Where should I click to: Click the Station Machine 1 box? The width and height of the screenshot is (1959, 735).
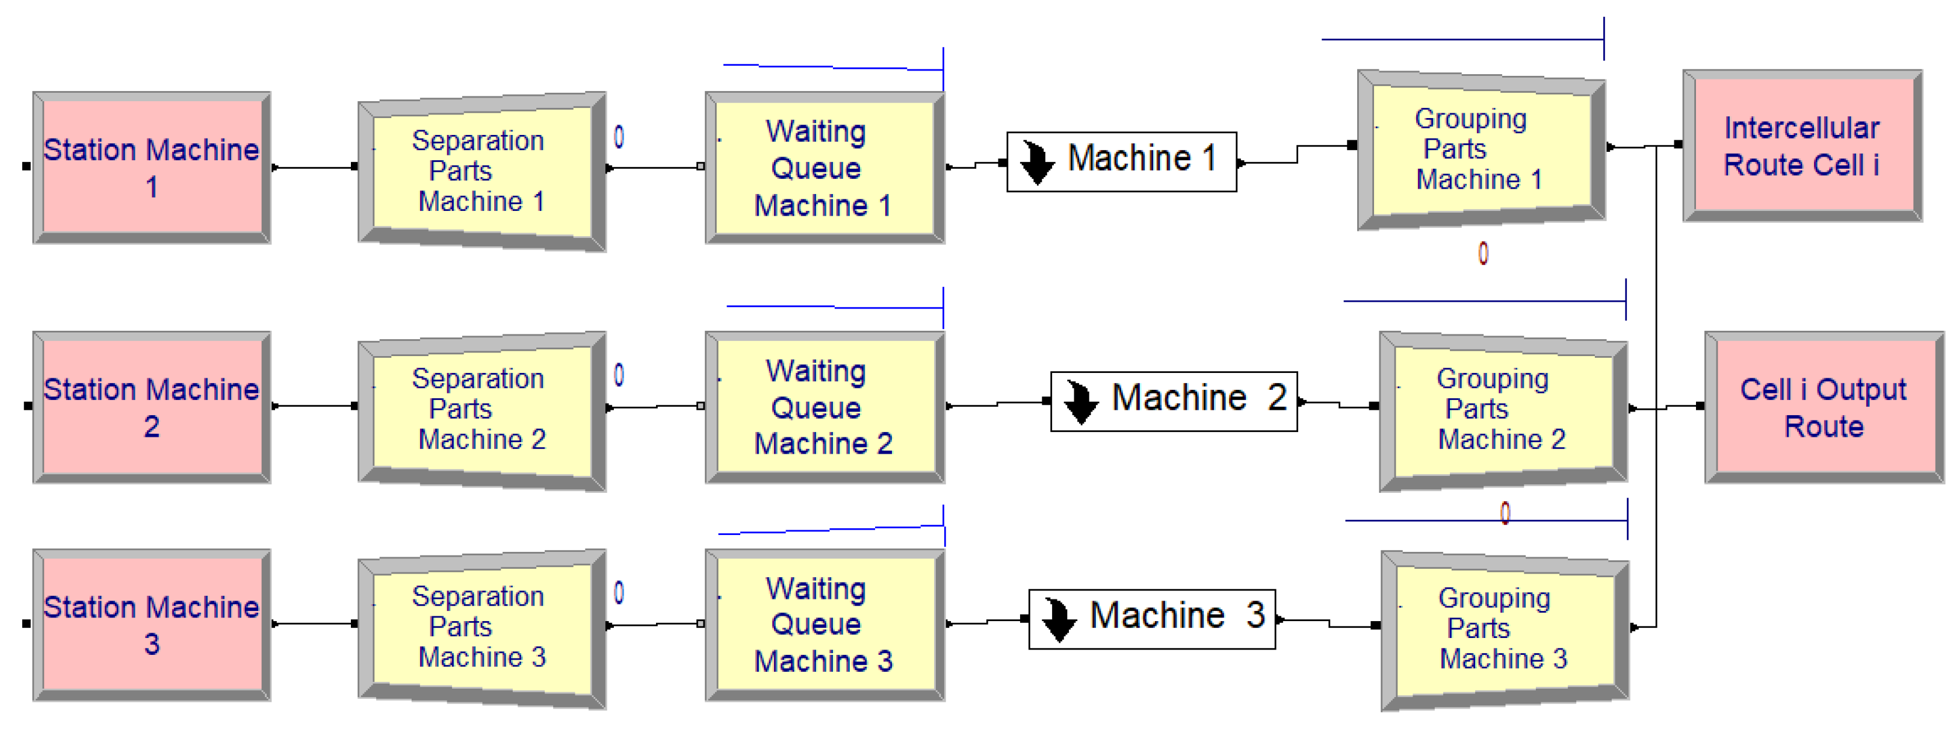[x=151, y=167]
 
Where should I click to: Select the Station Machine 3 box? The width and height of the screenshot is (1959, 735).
[x=151, y=625]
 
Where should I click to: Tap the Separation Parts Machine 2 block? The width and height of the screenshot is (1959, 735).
[x=481, y=409]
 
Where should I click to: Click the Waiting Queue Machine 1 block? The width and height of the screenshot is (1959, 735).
[x=825, y=168]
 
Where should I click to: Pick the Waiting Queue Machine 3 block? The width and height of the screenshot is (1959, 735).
[x=825, y=625]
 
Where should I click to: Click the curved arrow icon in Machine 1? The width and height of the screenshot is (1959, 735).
[x=1036, y=162]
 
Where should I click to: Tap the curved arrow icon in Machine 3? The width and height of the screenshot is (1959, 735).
[x=1059, y=619]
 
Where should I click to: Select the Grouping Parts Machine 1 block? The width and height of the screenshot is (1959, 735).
[x=1480, y=149]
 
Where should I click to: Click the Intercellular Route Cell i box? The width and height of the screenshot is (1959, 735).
[x=1801, y=146]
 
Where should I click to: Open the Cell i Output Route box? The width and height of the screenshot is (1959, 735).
[x=1823, y=408]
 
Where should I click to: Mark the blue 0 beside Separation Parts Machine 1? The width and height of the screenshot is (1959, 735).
[x=619, y=137]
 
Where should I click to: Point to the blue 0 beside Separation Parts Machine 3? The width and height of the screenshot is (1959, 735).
[x=619, y=593]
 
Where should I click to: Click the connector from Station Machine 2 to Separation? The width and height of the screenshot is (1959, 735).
[x=314, y=406]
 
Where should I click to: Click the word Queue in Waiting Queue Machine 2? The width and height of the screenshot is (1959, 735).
[x=815, y=408]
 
